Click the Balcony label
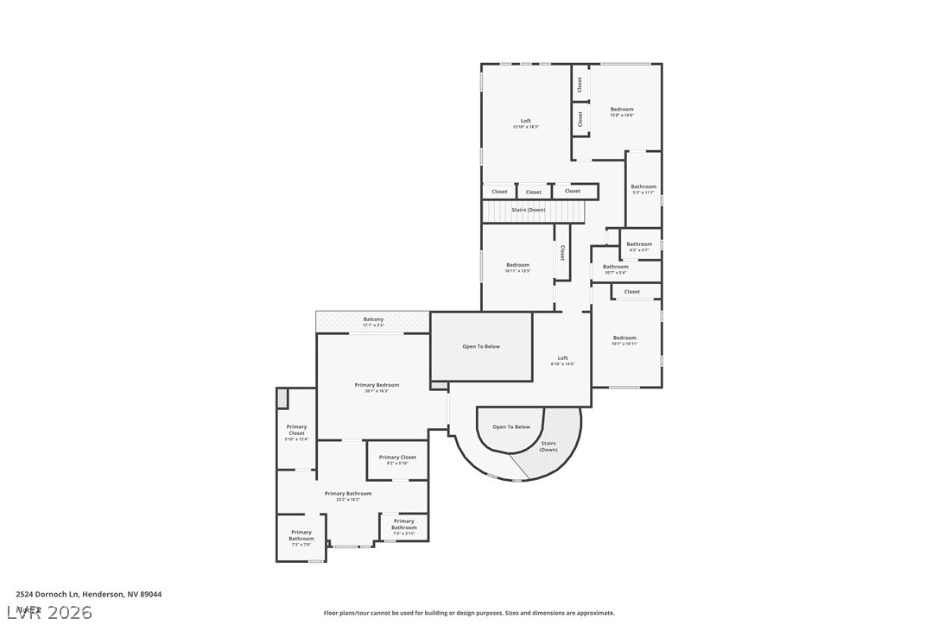point(373,319)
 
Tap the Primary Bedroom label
point(377,385)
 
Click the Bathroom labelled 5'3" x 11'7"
point(643,189)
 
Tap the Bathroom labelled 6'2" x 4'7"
point(639,246)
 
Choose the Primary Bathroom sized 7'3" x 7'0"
point(301,535)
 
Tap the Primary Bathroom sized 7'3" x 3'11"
point(403,524)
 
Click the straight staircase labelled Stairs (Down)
point(528,210)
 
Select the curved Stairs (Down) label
point(548,446)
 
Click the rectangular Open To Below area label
point(481,346)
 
